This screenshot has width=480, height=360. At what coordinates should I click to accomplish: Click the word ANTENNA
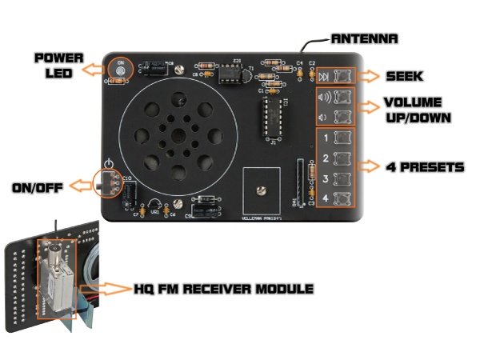click(364, 38)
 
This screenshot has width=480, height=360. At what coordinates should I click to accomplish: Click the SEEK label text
click(403, 76)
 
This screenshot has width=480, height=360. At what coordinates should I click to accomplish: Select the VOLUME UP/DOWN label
click(415, 110)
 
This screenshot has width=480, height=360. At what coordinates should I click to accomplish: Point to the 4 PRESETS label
click(424, 167)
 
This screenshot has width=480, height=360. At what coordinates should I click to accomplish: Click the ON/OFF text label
click(38, 187)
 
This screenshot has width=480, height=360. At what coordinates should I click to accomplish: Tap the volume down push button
click(344, 118)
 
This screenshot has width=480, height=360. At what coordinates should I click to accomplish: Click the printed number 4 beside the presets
click(325, 197)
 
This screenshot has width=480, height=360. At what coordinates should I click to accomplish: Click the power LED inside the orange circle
click(121, 71)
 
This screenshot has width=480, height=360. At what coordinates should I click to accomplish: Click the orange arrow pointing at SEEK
click(369, 77)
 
